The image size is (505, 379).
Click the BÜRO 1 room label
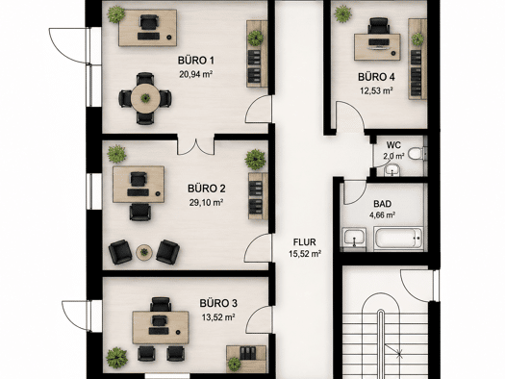click(196, 61)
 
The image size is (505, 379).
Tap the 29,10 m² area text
click(206, 203)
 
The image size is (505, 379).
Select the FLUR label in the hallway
click(304, 241)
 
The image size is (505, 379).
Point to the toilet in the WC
click(417, 153)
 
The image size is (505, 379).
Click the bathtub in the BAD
click(398, 239)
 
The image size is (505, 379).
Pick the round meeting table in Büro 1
click(145, 98)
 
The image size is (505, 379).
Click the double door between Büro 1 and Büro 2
click(195, 146)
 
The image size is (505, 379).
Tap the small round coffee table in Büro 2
click(144, 252)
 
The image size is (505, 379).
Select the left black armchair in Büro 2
click(120, 252)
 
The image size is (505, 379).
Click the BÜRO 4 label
click(376, 77)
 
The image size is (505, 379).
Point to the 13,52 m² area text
click(218, 317)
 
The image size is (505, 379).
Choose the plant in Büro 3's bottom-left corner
click(116, 358)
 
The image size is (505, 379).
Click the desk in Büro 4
click(377, 47)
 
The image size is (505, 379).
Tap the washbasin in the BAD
click(354, 240)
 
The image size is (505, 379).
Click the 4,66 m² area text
click(382, 215)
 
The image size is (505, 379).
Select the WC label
click(393, 145)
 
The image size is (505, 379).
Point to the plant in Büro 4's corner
click(343, 14)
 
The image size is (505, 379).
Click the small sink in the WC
click(392, 170)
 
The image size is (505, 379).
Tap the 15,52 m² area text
click(305, 254)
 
